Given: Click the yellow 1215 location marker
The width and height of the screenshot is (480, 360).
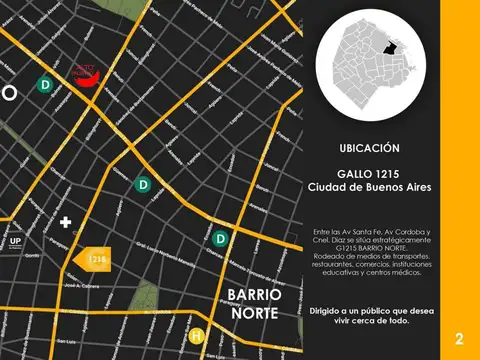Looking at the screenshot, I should [x=93, y=258].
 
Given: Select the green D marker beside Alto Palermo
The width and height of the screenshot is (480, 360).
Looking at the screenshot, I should [x=45, y=86].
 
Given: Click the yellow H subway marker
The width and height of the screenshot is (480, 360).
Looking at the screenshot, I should [x=198, y=335].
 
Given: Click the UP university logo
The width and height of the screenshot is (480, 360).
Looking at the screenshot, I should [x=16, y=242].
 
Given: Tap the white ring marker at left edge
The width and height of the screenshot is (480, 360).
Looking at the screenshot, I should [x=8, y=93].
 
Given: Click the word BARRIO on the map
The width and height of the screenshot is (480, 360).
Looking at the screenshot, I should [x=255, y=296].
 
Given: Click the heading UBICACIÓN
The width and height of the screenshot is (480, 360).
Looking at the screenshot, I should [x=369, y=147].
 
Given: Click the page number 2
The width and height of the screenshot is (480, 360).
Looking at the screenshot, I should [x=459, y=337].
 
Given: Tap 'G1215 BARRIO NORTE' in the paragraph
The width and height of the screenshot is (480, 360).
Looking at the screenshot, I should [x=369, y=243].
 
